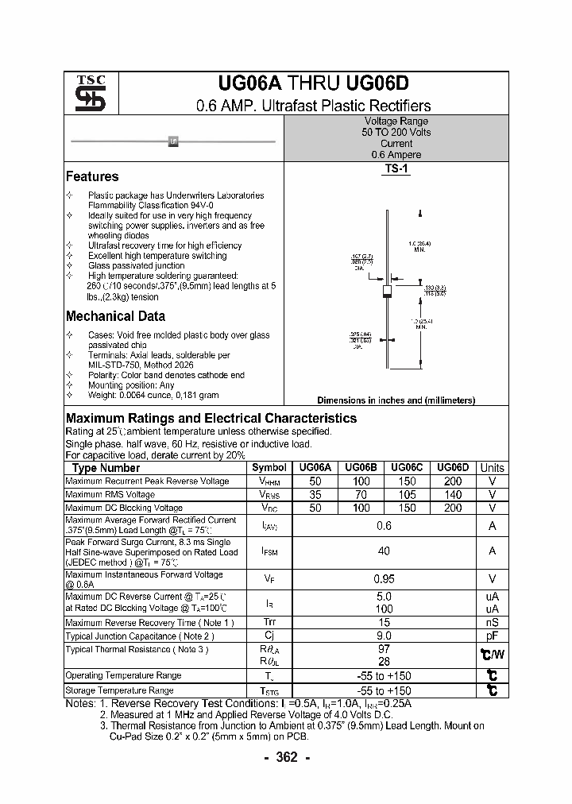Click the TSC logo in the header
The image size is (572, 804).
click(x=85, y=93)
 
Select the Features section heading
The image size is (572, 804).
click(x=92, y=176)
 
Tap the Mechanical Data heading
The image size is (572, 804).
click(x=115, y=315)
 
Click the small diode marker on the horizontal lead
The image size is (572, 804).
click(x=173, y=141)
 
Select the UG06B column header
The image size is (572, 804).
click(x=361, y=468)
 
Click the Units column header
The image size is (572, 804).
click(x=492, y=468)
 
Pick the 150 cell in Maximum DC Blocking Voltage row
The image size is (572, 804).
click(x=407, y=508)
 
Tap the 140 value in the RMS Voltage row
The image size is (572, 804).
click(x=452, y=494)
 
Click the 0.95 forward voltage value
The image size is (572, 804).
click(x=385, y=579)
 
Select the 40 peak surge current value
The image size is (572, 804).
click(x=385, y=551)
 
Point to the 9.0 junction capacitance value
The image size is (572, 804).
click(x=385, y=636)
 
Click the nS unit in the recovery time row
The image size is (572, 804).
click(x=492, y=623)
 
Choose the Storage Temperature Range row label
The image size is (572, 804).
click(x=119, y=690)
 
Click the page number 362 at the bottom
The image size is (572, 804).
click(x=286, y=757)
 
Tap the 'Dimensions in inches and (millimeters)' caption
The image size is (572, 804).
click(x=396, y=400)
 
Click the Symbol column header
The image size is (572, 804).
click(x=269, y=468)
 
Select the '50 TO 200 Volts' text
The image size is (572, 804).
click(x=396, y=133)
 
